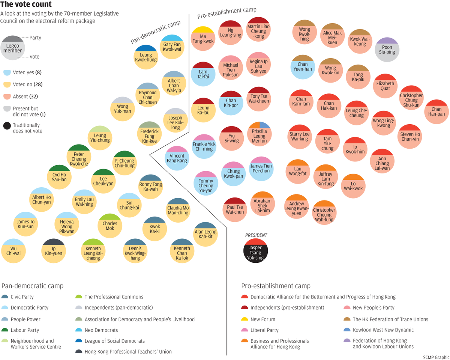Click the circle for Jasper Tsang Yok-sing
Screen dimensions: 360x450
click(x=255, y=250)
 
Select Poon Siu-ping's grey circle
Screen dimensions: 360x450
click(x=387, y=50)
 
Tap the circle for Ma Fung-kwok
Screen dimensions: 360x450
click(x=203, y=38)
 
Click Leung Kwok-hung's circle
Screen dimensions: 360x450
click(x=146, y=57)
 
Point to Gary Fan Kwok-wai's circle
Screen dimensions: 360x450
click(x=172, y=47)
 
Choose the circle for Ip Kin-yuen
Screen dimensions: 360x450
click(x=54, y=251)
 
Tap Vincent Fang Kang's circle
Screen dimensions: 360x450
click(x=177, y=158)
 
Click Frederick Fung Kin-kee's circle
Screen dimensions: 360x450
click(x=149, y=134)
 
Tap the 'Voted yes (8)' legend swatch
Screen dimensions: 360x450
click(x=7, y=72)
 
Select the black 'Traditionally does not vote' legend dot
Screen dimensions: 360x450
click(x=7, y=126)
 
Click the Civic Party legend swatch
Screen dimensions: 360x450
click(x=5, y=297)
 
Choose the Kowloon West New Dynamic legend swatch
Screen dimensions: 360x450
click(x=347, y=330)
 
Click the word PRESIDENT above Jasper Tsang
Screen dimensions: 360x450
click(x=256, y=235)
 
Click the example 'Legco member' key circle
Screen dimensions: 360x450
click(x=13, y=48)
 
